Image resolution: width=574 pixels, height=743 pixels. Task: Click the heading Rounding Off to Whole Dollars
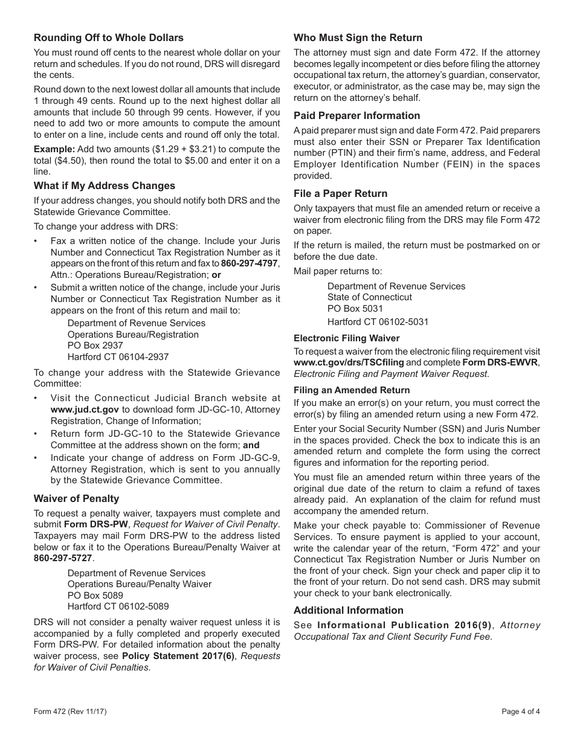pos(108,37)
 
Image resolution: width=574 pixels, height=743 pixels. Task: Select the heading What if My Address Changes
pos(104,185)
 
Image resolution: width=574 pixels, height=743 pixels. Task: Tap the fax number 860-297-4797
pos(249,263)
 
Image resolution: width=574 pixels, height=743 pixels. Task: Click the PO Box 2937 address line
pos(95,346)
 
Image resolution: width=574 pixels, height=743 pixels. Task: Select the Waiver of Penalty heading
pos(76,498)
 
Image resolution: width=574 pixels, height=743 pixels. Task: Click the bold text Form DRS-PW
pos(89,524)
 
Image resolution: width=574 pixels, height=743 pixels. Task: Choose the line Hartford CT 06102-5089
pos(118,606)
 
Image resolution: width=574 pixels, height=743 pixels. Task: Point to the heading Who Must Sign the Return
pos(358,37)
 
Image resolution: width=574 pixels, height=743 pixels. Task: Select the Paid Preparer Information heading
pos(356,115)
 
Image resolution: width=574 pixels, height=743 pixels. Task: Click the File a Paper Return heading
pos(340,193)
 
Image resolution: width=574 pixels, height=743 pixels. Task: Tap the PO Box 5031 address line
pos(355,309)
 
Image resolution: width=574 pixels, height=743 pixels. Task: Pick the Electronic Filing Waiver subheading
pos(346,338)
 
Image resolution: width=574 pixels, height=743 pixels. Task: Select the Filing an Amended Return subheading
pos(352,390)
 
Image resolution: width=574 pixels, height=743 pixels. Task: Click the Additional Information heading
pos(348,610)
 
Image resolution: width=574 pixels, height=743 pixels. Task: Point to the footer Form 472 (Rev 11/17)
pos(70,712)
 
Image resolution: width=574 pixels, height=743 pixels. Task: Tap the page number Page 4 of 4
pos(521,712)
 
